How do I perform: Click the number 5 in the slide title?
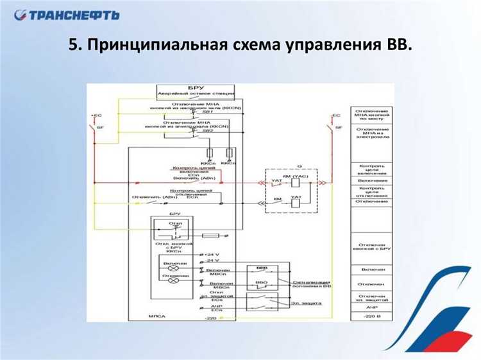coord(73,46)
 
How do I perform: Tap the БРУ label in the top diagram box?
coord(196,87)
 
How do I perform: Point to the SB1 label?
coord(207,114)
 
